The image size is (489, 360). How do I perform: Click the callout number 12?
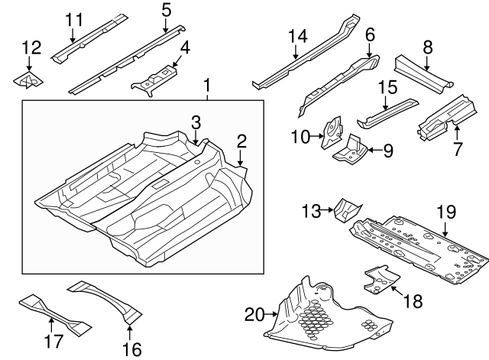click(31, 47)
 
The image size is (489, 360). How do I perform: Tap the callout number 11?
click(73, 19)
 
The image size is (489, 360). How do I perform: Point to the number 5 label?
click(167, 10)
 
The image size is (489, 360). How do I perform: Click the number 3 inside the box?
click(196, 122)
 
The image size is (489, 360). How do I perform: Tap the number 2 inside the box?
click(241, 140)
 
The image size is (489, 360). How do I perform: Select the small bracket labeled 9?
click(348, 149)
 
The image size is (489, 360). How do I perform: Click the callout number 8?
click(428, 47)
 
